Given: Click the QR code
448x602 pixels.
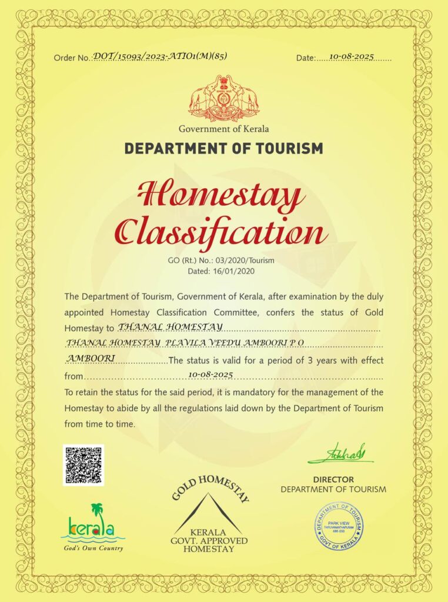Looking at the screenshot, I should tap(83, 465).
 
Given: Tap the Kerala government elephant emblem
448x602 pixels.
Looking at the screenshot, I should tap(224, 98).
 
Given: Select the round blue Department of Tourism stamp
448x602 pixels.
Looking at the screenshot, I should tap(338, 525).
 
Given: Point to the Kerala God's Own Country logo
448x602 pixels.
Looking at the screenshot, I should tap(93, 527).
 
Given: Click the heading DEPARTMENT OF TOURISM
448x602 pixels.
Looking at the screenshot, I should tap(223, 148).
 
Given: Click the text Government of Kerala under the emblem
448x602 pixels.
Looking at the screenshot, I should tap(223, 129).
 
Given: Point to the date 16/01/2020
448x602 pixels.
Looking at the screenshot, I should tap(237, 271).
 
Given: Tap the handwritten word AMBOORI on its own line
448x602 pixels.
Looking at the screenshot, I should tap(91, 357).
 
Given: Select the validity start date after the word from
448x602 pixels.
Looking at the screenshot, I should tap(211, 374).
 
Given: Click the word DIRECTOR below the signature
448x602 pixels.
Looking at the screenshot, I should tap(333, 480).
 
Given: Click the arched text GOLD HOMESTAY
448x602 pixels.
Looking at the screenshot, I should tap(210, 487).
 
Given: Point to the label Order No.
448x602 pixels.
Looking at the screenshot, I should tap(71, 58).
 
